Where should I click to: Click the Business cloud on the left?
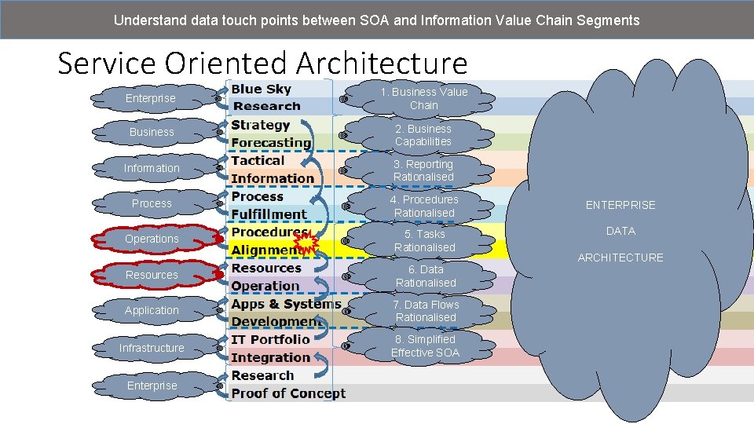(152, 132)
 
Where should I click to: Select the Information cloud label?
(152, 168)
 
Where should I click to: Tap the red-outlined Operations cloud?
(152, 239)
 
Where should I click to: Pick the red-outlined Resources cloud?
(152, 275)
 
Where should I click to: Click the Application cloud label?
(152, 310)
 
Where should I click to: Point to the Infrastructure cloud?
(152, 347)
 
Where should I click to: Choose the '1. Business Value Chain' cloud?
(423, 98)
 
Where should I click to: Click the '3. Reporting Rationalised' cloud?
(423, 170)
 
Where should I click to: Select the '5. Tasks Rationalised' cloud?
(424, 240)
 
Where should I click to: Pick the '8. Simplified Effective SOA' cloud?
(425, 345)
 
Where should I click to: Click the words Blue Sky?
(261, 90)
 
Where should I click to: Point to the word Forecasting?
(271, 143)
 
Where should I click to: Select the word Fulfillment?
(269, 214)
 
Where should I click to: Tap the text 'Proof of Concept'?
(288, 393)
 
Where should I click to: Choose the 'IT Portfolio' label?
(270, 339)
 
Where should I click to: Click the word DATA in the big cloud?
(620, 231)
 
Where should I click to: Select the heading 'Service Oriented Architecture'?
(262, 63)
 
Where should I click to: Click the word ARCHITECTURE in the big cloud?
(620, 258)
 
